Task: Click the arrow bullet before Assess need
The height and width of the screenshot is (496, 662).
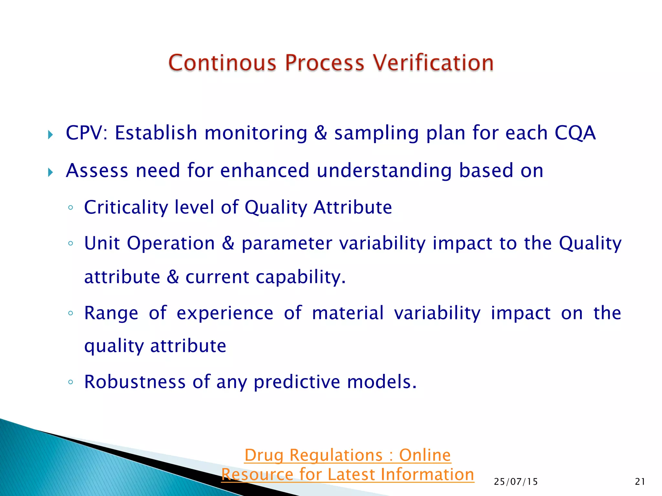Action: tap(50, 172)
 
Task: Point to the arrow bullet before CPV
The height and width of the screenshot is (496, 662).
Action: tap(50, 135)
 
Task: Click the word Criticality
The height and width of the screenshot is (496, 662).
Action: tap(126, 208)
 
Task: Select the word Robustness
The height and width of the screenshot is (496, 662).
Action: tap(135, 382)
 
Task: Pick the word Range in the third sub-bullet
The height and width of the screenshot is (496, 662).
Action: tap(111, 313)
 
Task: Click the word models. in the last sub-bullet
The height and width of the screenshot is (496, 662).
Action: tap(382, 382)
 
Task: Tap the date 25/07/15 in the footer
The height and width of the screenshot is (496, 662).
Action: tap(516, 482)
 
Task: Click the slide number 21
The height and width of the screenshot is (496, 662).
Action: tap(640, 482)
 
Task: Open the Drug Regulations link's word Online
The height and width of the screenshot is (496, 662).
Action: tap(425, 455)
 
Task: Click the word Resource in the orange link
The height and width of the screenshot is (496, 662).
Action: tap(257, 475)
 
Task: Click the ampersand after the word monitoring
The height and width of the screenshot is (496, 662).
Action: tap(320, 133)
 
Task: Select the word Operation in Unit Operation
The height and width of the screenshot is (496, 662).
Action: tap(171, 243)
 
